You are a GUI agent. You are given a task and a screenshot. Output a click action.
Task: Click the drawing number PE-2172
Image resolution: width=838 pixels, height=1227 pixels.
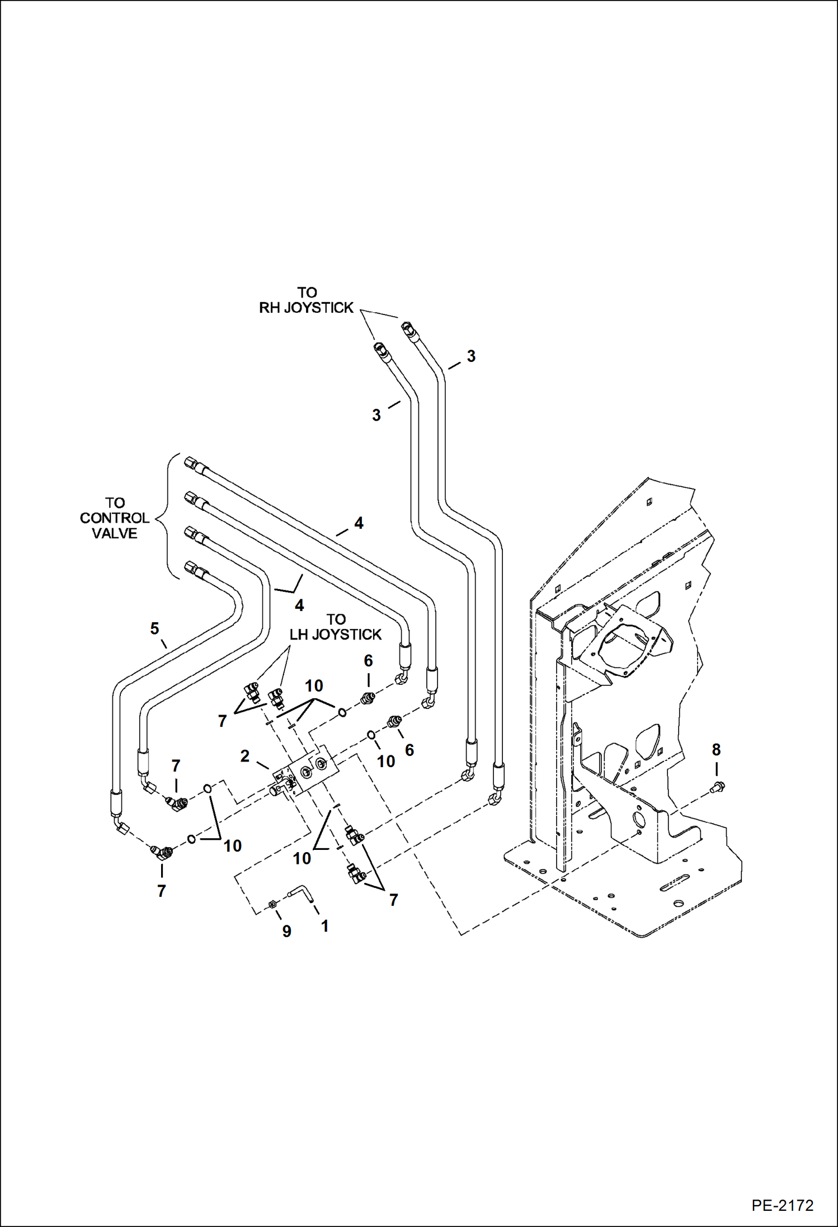[x=781, y=1205]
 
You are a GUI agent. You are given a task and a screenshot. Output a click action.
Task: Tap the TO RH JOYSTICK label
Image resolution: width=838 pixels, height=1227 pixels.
[x=307, y=300]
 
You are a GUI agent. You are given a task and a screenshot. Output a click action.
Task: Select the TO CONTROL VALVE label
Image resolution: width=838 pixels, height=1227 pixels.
[x=114, y=518]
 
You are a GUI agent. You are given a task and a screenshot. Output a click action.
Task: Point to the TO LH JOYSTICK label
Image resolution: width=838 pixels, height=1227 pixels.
[x=335, y=627]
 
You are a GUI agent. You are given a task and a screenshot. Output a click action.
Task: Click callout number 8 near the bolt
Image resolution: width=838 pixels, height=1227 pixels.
[x=716, y=749]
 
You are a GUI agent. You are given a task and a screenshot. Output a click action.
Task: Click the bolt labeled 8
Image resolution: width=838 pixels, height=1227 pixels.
[x=718, y=787]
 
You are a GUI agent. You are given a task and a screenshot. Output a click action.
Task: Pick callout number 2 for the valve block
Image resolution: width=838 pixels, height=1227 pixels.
[x=244, y=756]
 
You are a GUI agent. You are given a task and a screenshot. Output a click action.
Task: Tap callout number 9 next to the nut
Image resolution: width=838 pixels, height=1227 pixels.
[x=286, y=931]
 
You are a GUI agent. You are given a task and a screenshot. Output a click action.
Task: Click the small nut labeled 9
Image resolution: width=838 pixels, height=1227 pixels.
[x=273, y=904]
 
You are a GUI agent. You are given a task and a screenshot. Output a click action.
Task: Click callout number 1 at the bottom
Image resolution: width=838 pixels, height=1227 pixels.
[x=324, y=926]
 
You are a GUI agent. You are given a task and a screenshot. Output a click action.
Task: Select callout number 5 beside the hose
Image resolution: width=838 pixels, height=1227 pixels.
[x=154, y=628]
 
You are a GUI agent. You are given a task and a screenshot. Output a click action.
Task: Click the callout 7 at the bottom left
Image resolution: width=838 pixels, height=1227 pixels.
[x=161, y=891]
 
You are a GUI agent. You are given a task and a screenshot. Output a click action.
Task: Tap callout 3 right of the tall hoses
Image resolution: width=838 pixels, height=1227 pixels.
[x=471, y=356]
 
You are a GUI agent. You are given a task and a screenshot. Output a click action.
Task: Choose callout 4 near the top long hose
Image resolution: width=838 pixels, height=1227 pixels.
[x=359, y=523]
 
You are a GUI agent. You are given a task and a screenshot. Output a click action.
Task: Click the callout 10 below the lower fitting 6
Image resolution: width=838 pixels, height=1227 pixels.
[x=386, y=761]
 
